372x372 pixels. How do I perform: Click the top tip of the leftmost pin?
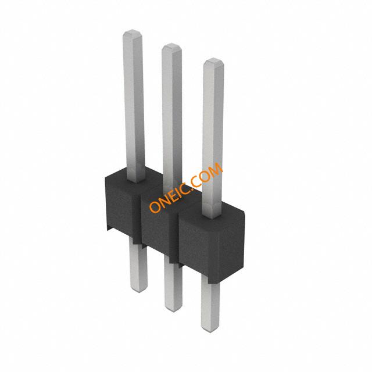click(133, 30)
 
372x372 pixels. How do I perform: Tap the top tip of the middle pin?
click(171, 44)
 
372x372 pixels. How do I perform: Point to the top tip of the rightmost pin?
click(213, 59)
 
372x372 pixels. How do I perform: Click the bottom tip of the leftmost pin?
click(139, 291)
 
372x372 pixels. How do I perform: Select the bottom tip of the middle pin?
click(174, 310)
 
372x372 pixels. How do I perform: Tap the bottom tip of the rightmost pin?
click(210, 331)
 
